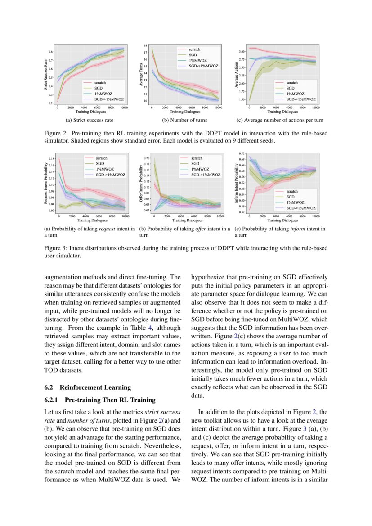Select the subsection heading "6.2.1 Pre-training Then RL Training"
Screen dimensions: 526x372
tap(99, 400)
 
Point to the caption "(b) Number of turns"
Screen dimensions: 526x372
tap(184, 121)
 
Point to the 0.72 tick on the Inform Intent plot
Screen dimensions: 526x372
tap(242, 154)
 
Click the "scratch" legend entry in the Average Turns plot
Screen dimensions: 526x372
tap(194, 49)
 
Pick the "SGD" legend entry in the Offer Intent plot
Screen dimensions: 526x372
tap(195, 164)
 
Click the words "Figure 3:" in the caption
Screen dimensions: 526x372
tap(56, 248)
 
